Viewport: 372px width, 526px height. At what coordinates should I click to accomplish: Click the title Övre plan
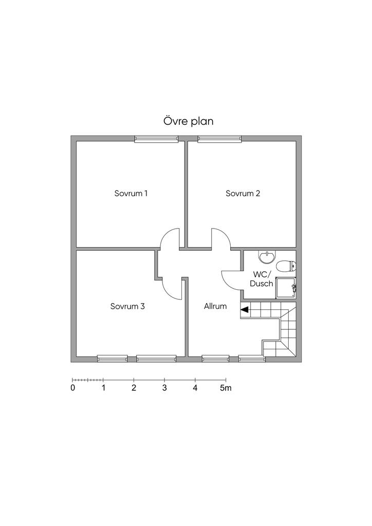188,121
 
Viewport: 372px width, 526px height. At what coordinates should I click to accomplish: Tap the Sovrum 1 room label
131,194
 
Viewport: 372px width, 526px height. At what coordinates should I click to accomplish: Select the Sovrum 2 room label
243,194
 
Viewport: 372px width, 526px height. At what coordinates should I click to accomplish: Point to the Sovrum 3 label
127,306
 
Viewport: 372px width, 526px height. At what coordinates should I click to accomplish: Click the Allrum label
215,306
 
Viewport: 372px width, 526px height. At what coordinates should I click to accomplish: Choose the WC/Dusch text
262,279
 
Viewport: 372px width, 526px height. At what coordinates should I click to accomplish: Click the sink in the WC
267,257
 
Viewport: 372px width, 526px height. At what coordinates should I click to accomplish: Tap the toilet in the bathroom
286,267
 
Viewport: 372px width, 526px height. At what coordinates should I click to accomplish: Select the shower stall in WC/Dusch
286,288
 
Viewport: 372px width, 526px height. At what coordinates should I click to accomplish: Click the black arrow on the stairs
245,310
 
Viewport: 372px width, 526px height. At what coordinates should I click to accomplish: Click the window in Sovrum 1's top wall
156,139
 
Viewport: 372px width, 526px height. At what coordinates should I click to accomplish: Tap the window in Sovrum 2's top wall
220,139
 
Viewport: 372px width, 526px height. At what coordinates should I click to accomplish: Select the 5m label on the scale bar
226,388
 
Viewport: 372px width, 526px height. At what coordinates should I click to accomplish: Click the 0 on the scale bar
73,388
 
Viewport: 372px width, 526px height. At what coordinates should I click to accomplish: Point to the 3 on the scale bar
164,388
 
